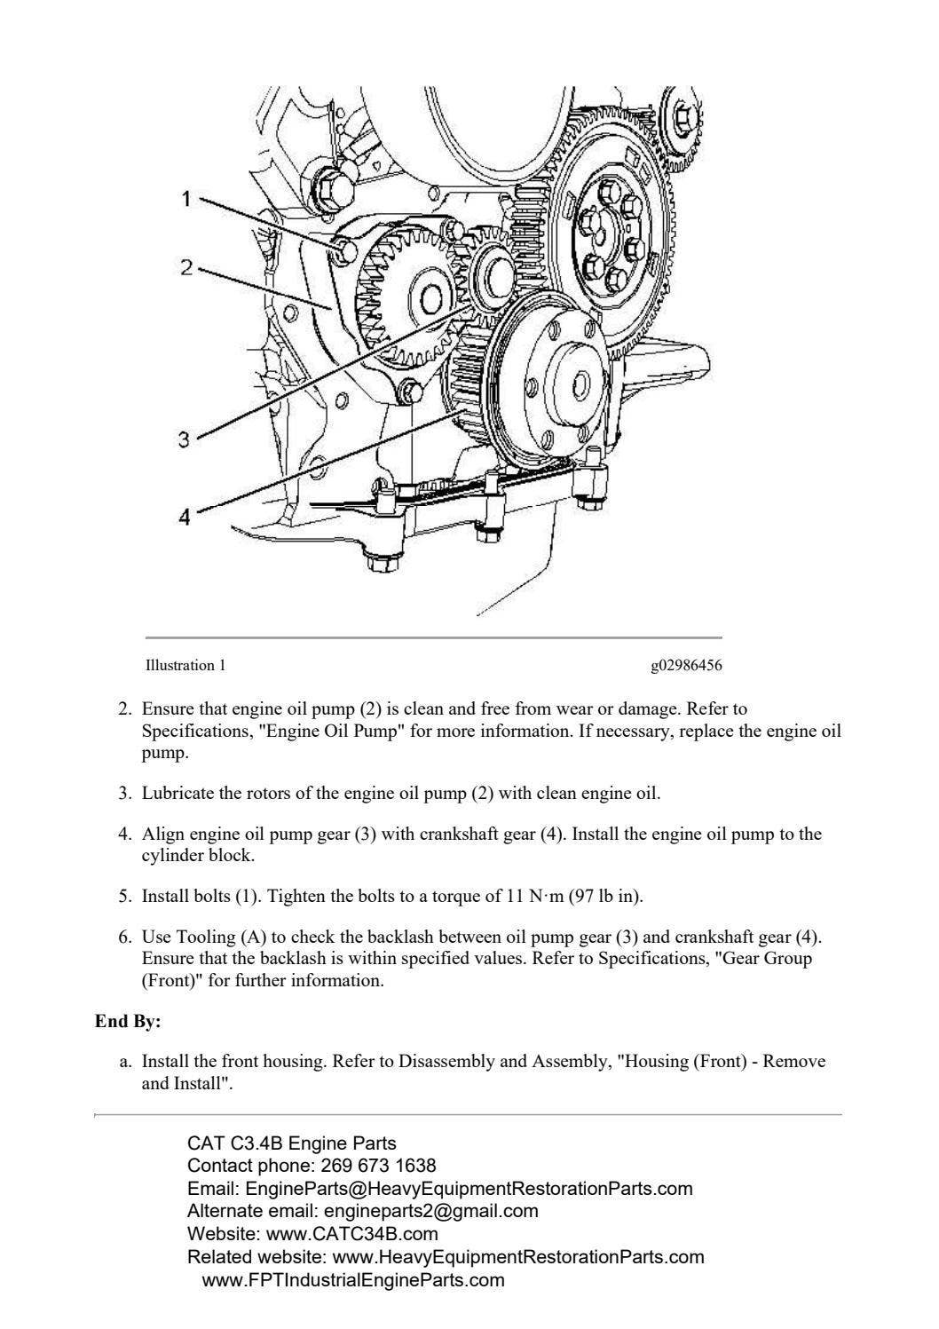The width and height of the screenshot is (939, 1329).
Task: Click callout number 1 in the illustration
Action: pyautogui.click(x=186, y=199)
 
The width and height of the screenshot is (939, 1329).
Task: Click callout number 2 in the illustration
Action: pyautogui.click(x=186, y=266)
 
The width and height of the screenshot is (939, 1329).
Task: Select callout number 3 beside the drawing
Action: pyautogui.click(x=183, y=439)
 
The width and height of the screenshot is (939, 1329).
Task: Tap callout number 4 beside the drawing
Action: pyautogui.click(x=184, y=517)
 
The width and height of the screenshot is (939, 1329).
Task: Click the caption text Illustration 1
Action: pyautogui.click(x=180, y=665)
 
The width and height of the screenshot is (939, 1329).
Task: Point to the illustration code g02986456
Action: pyautogui.click(x=692, y=665)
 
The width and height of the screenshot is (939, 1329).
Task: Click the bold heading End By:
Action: pyautogui.click(x=128, y=1022)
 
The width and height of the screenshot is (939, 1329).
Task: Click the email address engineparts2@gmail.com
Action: pyautogui.click(x=431, y=1211)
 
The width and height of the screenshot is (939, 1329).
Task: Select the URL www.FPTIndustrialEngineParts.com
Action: pyautogui.click(x=353, y=1280)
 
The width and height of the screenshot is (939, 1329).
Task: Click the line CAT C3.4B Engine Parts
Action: pyautogui.click(x=292, y=1143)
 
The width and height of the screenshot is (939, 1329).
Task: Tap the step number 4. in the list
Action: pyautogui.click(x=125, y=835)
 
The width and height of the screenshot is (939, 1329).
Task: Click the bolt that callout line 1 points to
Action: pyautogui.click(x=345, y=251)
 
